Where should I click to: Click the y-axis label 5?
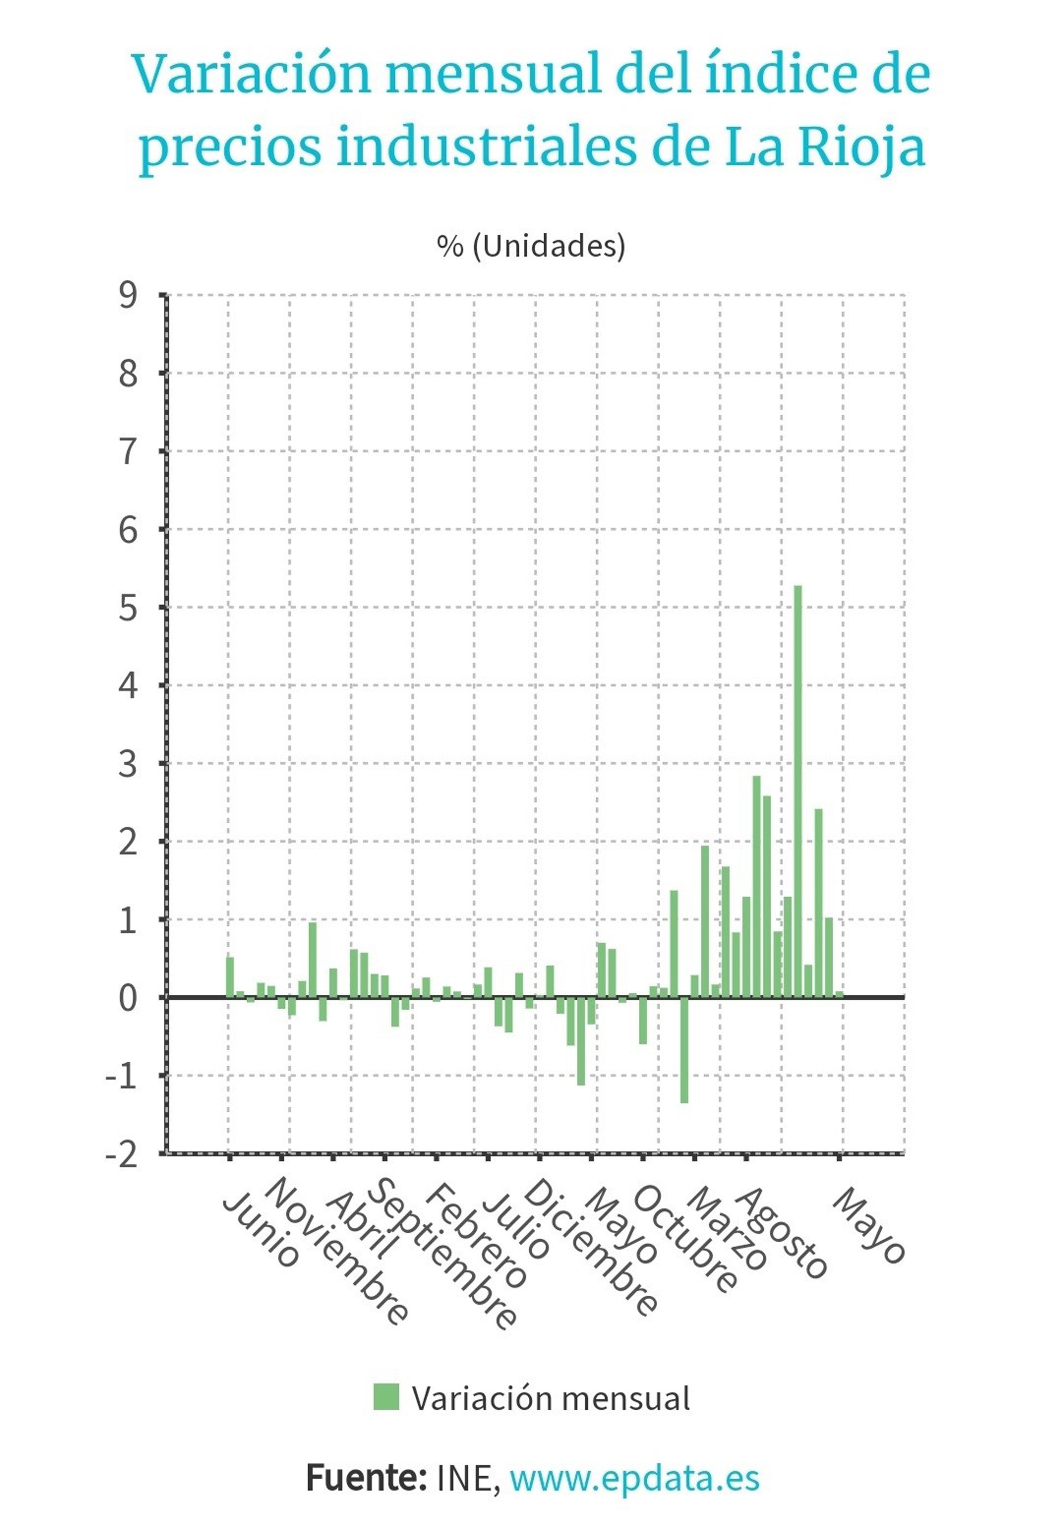[x=128, y=608]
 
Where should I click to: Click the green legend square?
[x=386, y=1396]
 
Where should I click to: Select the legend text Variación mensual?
[x=550, y=1398]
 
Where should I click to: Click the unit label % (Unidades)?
[x=530, y=246]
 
